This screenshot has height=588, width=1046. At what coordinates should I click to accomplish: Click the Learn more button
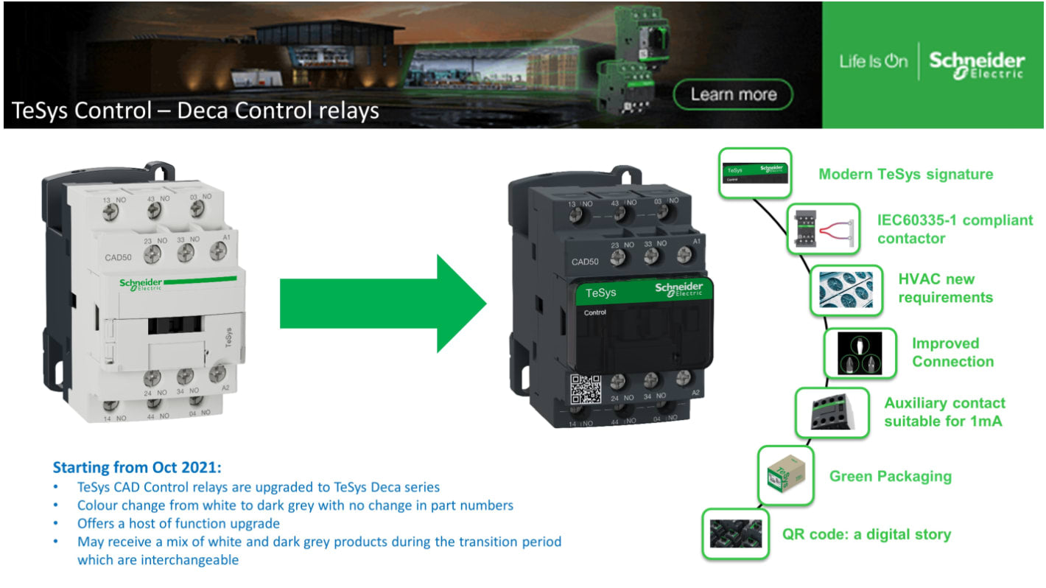[x=733, y=94]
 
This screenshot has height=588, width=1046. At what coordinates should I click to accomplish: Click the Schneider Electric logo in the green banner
[x=976, y=65]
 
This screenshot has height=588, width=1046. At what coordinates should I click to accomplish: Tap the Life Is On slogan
[x=873, y=62]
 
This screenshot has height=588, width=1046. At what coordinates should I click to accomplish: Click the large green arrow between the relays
[x=383, y=304]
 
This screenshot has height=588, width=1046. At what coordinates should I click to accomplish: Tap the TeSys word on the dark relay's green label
[x=600, y=293]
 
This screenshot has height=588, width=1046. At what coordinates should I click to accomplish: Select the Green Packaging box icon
[x=786, y=478]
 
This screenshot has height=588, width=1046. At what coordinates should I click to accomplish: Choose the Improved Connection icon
[x=860, y=353]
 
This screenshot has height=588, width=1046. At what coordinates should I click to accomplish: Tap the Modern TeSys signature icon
[x=755, y=173]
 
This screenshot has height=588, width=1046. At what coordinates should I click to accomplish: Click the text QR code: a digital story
[x=866, y=534]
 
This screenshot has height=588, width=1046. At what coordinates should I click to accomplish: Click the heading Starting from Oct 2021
[x=137, y=468]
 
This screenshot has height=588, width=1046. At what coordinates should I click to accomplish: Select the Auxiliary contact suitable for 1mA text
[x=944, y=413]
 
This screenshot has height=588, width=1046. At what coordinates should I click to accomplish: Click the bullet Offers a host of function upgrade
[x=178, y=524]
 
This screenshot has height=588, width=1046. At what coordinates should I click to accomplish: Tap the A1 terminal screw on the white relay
[x=218, y=251]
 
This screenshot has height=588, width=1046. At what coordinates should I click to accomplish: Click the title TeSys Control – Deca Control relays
[x=195, y=111]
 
